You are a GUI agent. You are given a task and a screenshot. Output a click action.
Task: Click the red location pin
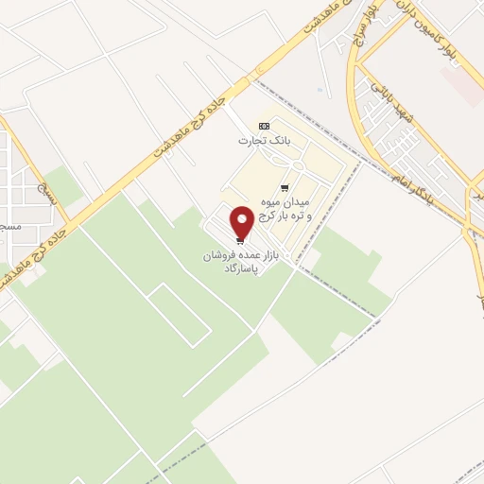point(242,222)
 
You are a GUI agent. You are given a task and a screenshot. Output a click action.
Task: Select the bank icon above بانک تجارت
point(264,127)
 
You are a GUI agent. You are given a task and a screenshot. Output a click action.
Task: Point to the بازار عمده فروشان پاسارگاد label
point(236,262)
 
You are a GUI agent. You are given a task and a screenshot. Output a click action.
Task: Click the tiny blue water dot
point(320,91)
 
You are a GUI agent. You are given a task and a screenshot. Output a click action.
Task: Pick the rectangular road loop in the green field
point(180,312)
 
